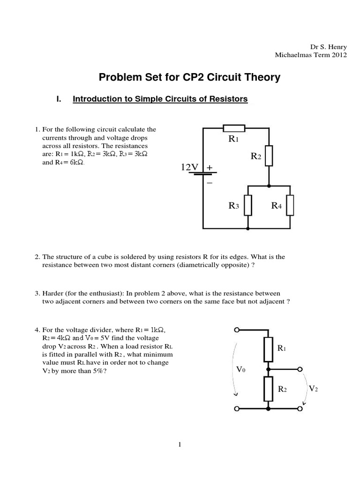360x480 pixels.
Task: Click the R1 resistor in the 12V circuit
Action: (233, 128)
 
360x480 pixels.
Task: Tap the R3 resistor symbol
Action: (247, 205)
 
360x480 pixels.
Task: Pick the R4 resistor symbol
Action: (291, 205)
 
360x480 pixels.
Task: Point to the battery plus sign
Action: (209, 167)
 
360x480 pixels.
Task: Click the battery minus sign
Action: (209, 183)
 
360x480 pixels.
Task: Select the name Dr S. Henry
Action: (329, 47)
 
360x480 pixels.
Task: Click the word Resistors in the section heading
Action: (228, 99)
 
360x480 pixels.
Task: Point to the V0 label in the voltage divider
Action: (241, 369)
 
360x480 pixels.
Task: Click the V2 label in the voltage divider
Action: (313, 389)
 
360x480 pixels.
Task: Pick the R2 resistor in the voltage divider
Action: (268, 388)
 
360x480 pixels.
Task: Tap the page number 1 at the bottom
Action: (180, 444)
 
